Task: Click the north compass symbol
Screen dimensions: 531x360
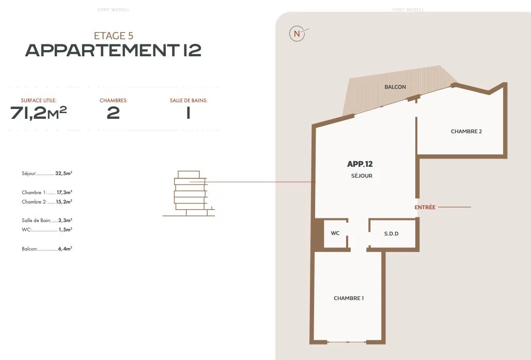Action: click(x=297, y=34)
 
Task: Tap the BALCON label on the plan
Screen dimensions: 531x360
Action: click(x=395, y=87)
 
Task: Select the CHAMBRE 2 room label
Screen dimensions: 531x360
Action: click(x=466, y=131)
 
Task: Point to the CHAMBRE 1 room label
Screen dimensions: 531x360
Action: click(x=349, y=299)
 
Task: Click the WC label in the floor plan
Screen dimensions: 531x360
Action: click(x=335, y=233)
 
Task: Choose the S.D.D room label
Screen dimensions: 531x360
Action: click(x=391, y=233)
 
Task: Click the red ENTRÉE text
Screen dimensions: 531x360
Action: click(x=425, y=207)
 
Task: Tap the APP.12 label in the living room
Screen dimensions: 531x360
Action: click(x=360, y=164)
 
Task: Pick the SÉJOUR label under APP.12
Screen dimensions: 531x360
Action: click(x=362, y=176)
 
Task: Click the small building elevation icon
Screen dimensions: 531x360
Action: click(x=189, y=193)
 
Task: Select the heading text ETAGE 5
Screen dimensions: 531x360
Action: click(x=114, y=36)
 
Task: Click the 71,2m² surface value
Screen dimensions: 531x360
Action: click(x=39, y=113)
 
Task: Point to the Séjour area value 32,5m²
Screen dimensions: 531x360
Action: click(x=64, y=174)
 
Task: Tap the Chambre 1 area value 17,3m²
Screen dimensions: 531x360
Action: click(x=65, y=192)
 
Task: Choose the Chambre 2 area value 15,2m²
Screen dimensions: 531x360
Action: click(x=64, y=201)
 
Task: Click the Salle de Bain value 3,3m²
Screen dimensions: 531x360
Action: click(x=65, y=220)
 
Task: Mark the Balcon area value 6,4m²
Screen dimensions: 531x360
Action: click(x=65, y=248)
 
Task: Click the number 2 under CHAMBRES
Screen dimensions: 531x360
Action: click(x=113, y=113)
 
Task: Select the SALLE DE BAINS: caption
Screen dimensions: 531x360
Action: click(x=189, y=101)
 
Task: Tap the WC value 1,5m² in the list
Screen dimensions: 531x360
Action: click(x=66, y=230)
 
